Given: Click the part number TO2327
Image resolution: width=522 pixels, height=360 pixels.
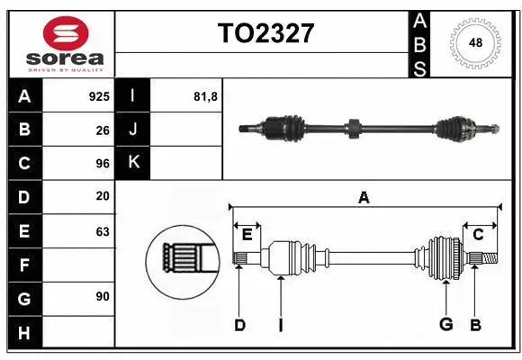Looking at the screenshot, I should (x=265, y=33).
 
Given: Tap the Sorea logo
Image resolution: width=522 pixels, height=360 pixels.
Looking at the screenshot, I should (x=60, y=43).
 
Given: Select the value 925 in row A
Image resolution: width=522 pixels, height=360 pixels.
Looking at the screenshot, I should (x=99, y=95).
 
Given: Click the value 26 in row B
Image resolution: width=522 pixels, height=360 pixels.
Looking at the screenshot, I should (x=103, y=130).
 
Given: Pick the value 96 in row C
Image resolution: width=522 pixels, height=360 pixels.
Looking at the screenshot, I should (x=103, y=163).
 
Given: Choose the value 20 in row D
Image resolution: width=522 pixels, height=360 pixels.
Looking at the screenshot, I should (x=103, y=196).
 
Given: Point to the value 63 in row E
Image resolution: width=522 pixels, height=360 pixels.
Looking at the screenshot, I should (x=103, y=231).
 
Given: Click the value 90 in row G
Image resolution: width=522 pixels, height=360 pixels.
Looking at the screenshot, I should (x=103, y=296).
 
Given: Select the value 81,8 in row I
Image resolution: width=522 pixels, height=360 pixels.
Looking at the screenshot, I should (x=205, y=95).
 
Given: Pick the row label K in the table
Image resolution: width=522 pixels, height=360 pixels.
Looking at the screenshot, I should (x=133, y=163).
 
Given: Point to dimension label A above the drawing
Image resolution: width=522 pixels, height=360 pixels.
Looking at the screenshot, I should (x=364, y=198).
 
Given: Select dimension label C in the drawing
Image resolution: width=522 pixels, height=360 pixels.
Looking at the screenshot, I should (x=478, y=235).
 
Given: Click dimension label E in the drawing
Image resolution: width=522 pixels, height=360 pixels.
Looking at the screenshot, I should (x=246, y=235).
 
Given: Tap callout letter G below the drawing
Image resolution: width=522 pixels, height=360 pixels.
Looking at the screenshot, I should (x=445, y=324).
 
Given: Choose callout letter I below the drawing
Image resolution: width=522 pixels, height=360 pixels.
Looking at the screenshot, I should (x=281, y=324).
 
